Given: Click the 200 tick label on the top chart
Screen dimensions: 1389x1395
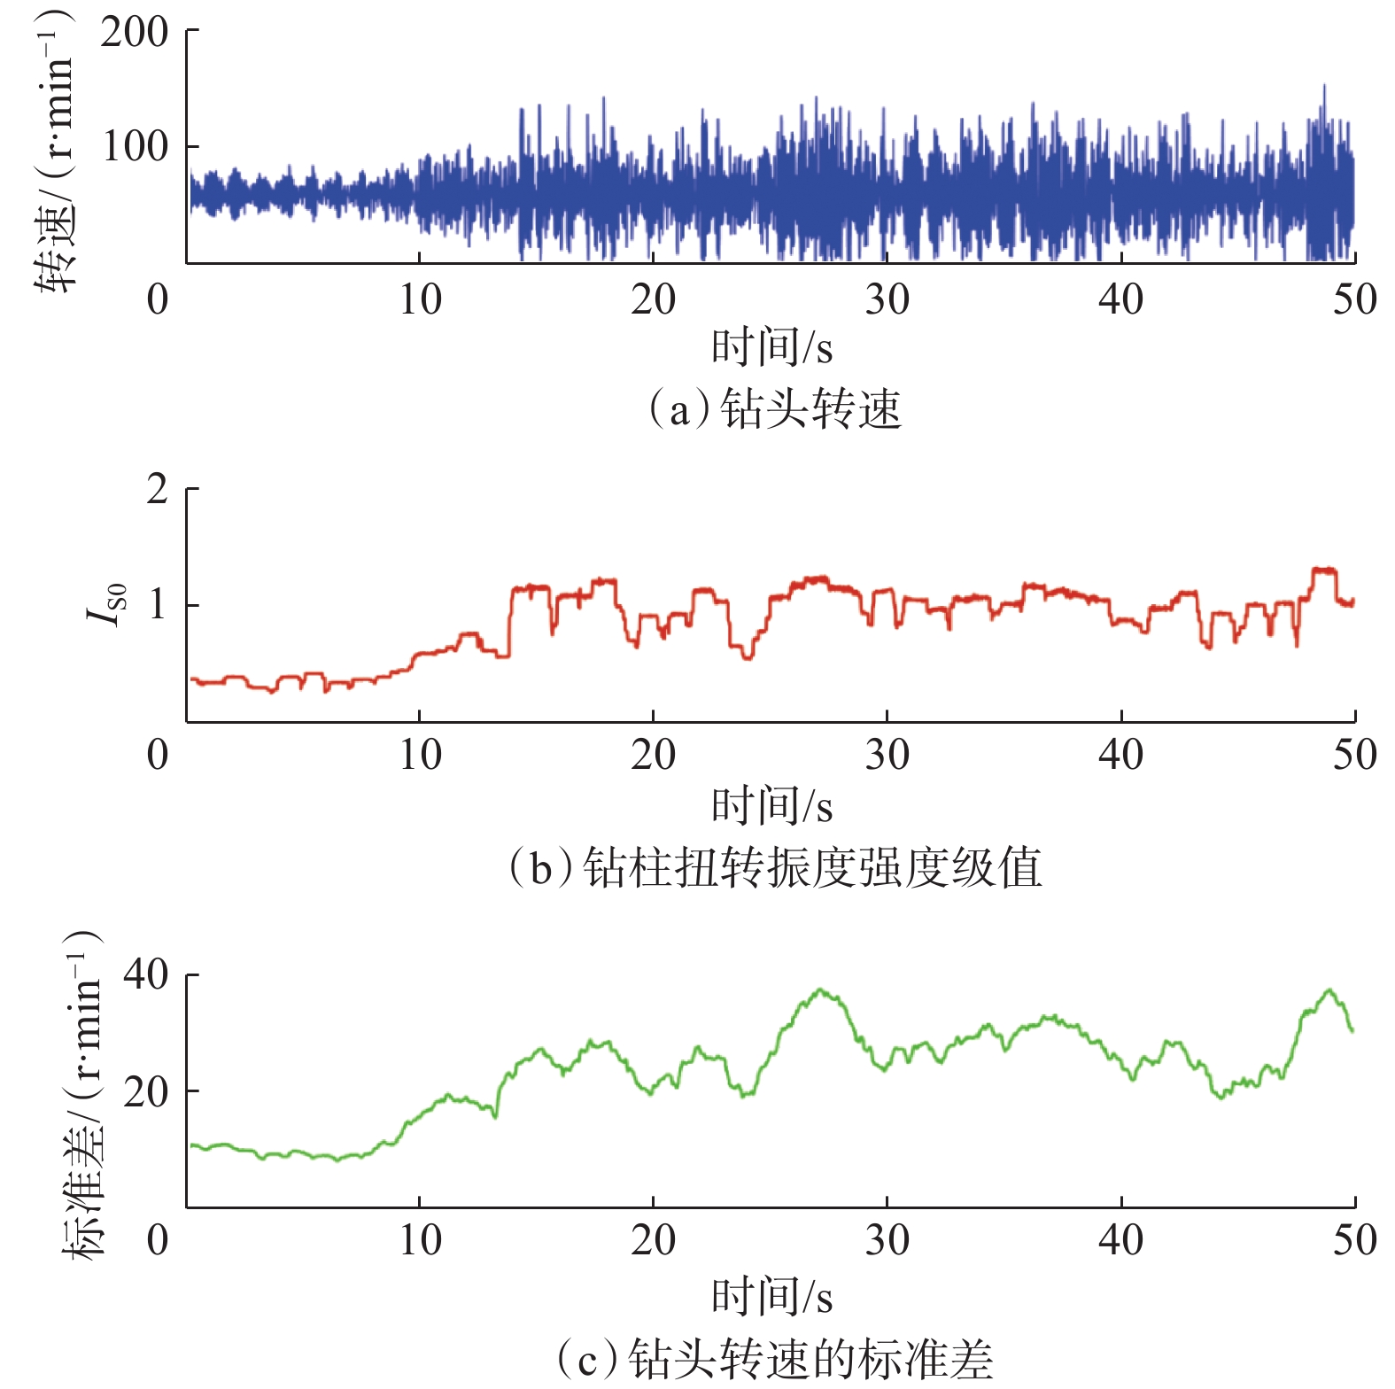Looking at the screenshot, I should coord(134,33).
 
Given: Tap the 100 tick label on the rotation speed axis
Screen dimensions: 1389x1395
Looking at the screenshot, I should coord(134,146).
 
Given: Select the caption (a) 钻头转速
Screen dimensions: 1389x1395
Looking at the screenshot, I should coord(775,409).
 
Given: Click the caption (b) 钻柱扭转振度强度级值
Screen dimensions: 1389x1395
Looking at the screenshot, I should coord(775,867).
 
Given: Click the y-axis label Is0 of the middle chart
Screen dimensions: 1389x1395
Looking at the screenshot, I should coord(109,605).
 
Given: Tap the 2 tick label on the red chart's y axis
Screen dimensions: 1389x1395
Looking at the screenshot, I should coord(157,489).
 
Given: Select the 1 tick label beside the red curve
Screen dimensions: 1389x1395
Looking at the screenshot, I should coord(157,605).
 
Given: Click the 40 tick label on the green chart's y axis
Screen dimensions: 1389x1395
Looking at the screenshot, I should coord(145,974).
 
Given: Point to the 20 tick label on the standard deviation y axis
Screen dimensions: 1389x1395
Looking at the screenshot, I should coord(145,1091).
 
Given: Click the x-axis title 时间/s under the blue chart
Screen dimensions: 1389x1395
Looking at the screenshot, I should coord(771,346).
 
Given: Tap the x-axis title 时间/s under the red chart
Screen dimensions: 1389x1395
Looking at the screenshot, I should coord(771,805).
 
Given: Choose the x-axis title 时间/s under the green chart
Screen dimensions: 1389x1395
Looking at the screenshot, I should coord(771,1296).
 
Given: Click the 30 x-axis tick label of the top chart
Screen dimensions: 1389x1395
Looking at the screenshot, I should coord(887,300).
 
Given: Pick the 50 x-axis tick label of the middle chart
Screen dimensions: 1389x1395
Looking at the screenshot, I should coord(1354,756).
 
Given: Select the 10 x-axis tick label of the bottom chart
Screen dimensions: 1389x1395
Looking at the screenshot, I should coord(419,1240).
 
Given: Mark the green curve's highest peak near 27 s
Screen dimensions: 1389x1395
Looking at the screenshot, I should coord(821,989).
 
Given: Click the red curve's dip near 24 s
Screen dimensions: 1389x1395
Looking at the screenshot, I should coord(748,657).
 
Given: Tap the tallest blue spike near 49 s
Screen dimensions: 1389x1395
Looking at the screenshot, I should coord(1324,87).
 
